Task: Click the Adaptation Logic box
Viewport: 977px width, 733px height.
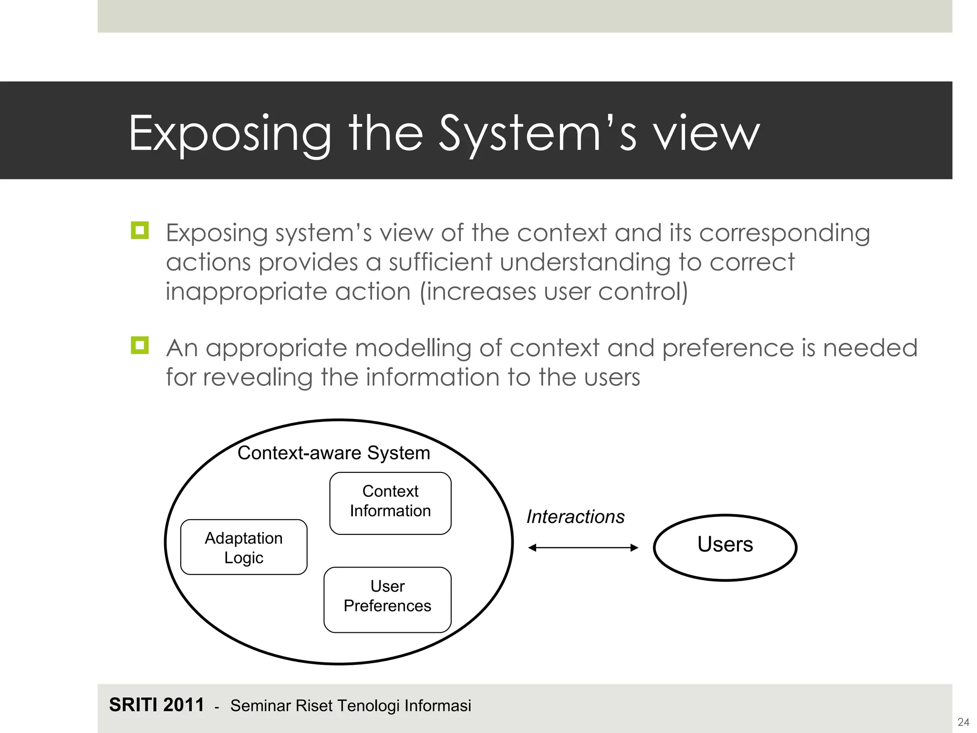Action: click(x=244, y=547)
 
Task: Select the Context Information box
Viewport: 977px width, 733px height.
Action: click(x=390, y=503)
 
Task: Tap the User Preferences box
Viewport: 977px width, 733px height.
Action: click(x=387, y=599)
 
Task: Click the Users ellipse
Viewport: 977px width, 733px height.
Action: click(x=725, y=547)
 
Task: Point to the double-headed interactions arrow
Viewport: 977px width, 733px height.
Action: click(x=583, y=548)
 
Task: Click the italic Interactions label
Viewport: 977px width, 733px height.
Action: click(x=575, y=517)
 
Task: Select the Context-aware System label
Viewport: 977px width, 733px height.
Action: click(x=333, y=453)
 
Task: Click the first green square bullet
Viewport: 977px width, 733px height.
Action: click(x=140, y=230)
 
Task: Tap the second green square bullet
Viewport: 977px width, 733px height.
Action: click(x=140, y=345)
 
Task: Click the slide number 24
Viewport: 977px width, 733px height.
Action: click(x=963, y=722)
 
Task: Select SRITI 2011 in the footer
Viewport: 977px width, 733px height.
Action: click(x=156, y=705)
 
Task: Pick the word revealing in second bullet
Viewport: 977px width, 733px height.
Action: click(x=258, y=377)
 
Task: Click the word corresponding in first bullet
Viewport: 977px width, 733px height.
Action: click(x=785, y=234)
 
